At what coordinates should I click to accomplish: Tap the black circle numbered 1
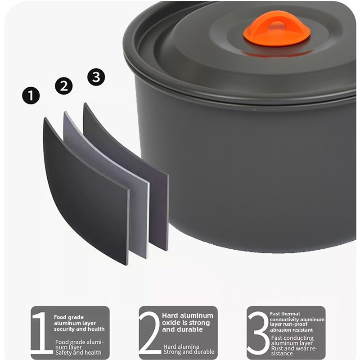31,95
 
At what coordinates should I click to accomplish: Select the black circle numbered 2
64,85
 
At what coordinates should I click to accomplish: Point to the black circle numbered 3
96,77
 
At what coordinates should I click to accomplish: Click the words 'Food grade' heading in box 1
69,317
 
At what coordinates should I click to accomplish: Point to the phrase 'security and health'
79,329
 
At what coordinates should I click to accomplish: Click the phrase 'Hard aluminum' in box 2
188,315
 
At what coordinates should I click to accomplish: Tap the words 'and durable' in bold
182,329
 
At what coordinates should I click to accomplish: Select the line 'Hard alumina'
181,346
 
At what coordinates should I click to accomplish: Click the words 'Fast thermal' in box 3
285,314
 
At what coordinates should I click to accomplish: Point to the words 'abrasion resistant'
291,330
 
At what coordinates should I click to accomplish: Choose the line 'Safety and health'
78,352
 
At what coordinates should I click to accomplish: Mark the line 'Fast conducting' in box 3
292,338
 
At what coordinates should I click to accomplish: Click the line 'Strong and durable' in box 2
189,352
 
